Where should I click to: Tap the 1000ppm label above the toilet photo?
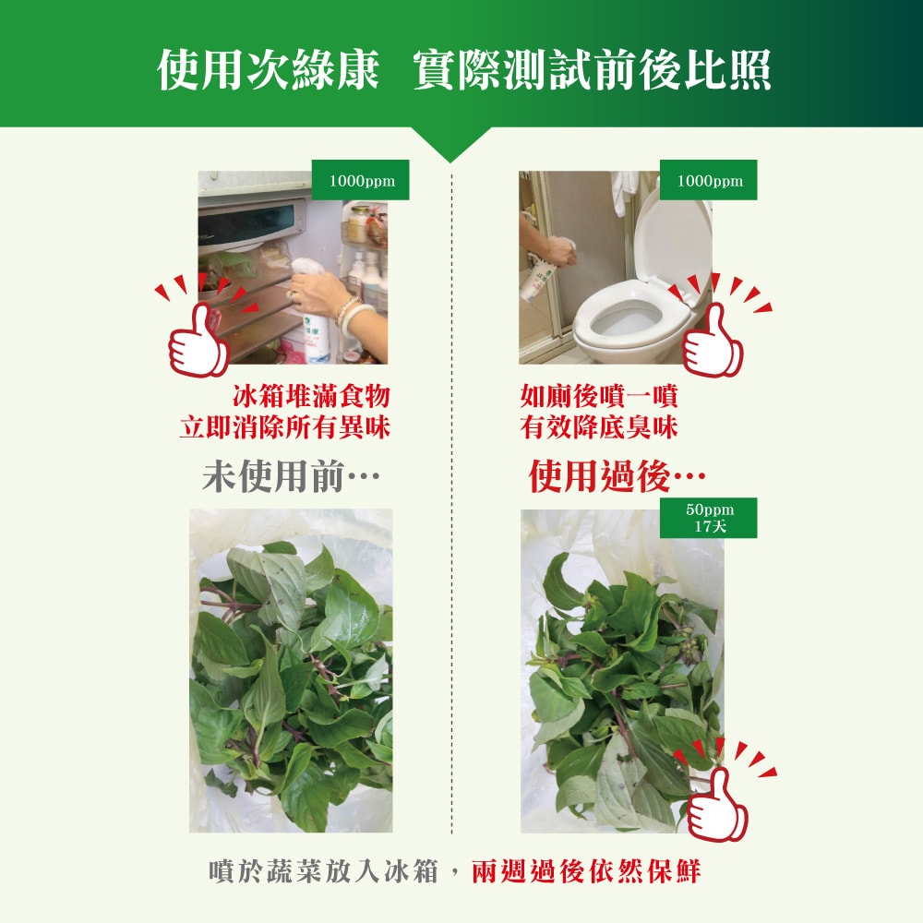(x=708, y=181)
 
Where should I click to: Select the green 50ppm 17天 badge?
(x=709, y=518)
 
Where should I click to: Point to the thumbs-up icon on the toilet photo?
(x=712, y=342)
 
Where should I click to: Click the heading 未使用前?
(x=291, y=477)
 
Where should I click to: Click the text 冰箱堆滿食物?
(x=311, y=398)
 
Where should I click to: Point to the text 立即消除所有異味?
(x=284, y=427)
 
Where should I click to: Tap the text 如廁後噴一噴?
(x=599, y=398)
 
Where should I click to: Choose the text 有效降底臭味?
(x=599, y=427)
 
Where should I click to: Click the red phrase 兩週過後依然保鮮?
(x=586, y=871)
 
